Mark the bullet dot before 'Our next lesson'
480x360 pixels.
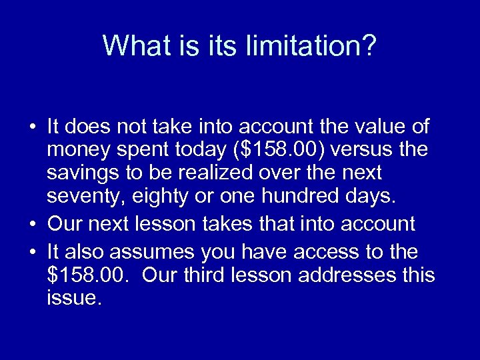tap(32, 221)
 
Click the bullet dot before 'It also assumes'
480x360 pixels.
tap(32, 251)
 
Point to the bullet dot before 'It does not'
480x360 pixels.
tap(32, 126)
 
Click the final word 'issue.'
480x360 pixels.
tap(74, 298)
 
